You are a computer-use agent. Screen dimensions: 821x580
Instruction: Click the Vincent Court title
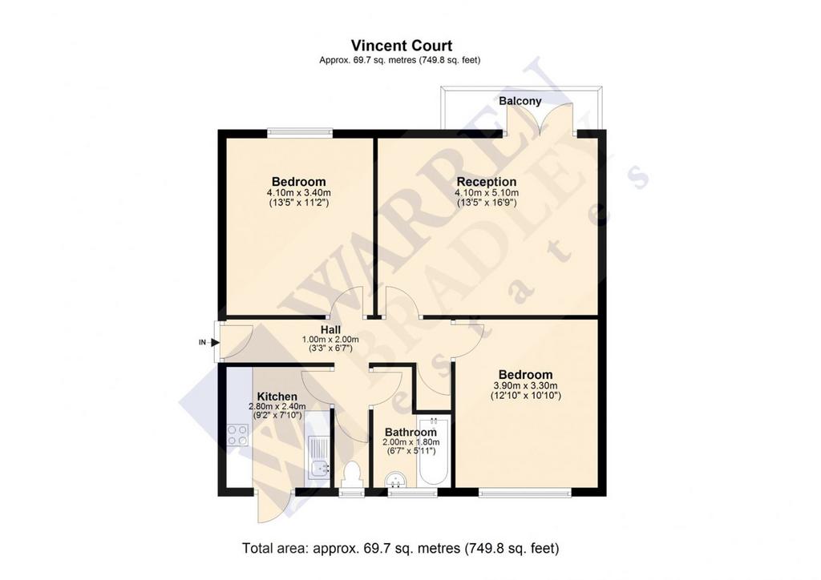click(402, 46)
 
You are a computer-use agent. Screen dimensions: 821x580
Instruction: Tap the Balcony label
click(520, 100)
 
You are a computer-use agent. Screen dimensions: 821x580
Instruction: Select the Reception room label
click(487, 182)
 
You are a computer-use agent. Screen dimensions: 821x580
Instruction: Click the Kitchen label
click(277, 397)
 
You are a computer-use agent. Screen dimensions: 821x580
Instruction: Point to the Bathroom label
click(410, 432)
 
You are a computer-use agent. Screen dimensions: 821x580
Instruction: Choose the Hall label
click(330, 329)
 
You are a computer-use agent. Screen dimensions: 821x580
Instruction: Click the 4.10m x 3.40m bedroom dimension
click(298, 192)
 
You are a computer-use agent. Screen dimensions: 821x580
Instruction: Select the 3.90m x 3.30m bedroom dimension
click(526, 385)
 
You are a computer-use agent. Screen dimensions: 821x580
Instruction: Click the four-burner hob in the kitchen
click(237, 435)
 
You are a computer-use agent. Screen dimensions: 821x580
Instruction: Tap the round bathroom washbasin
click(394, 480)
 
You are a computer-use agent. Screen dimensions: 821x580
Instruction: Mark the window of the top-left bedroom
click(300, 133)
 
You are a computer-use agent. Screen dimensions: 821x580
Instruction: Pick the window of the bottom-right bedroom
click(524, 492)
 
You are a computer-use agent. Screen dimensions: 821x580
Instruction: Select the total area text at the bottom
click(401, 548)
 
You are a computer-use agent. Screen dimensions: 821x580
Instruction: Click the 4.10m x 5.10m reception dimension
click(487, 192)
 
